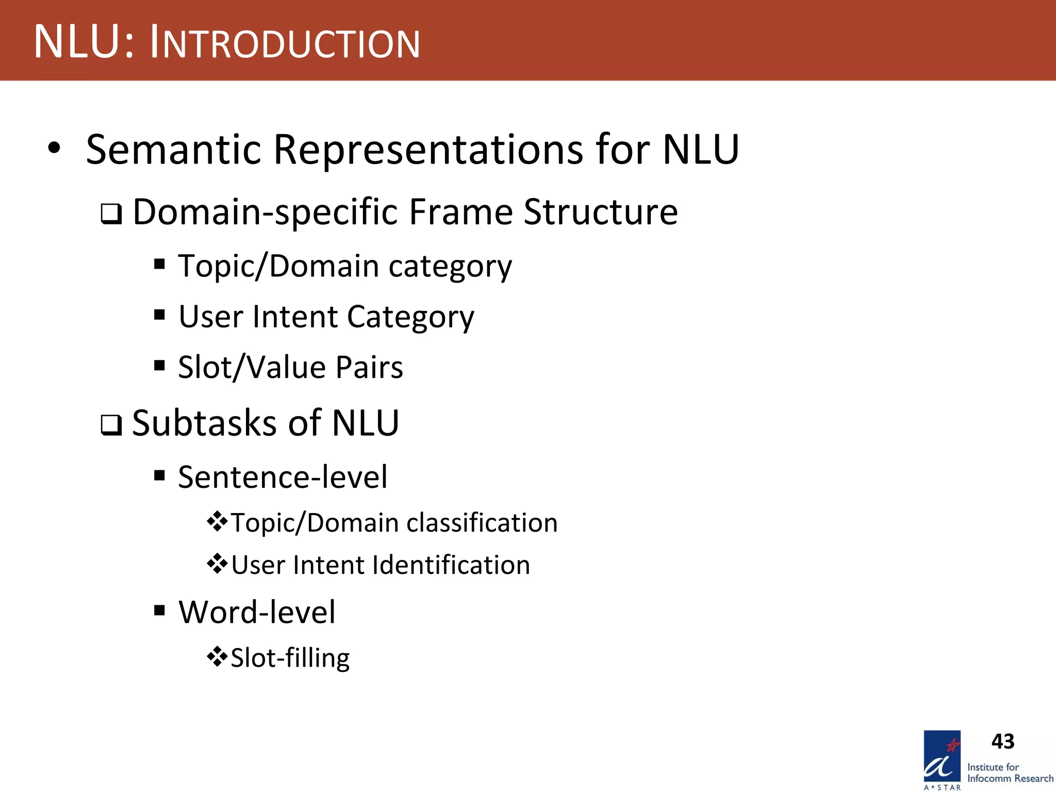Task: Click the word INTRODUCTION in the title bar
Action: [x=285, y=43]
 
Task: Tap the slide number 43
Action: [x=1002, y=741]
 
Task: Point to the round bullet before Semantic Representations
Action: [x=54, y=148]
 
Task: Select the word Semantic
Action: [x=174, y=150]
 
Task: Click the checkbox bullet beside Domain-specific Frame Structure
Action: [x=111, y=213]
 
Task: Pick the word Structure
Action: [x=600, y=212]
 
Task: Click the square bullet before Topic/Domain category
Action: [x=159, y=265]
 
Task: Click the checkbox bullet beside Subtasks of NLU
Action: [x=111, y=425]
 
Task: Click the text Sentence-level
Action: [x=283, y=477]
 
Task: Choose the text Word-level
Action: [x=257, y=613]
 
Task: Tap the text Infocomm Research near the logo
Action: [x=1010, y=779]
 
